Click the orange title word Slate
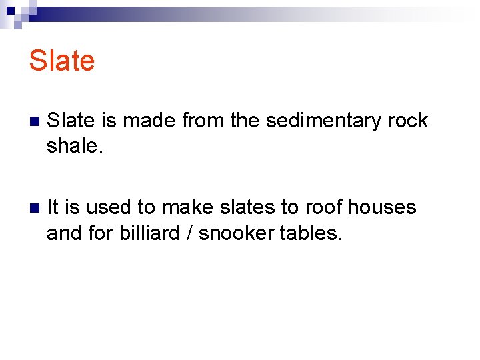62,61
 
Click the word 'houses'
385,207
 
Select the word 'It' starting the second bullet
53,207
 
